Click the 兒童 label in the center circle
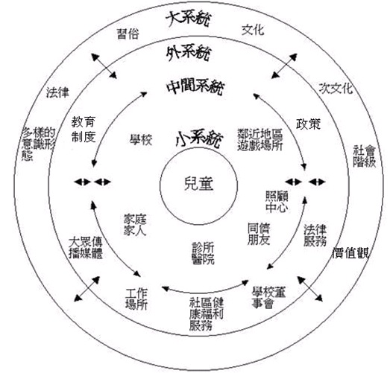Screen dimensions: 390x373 tap(198, 184)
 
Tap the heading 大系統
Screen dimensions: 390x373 tap(189, 18)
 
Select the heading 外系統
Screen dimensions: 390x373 tap(189, 53)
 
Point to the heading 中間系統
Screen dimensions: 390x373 tap(195, 87)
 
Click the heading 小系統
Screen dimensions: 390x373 tap(199, 138)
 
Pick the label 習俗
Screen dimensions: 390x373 tap(128, 34)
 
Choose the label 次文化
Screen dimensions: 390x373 tap(336, 88)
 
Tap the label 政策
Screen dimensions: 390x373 tap(308, 124)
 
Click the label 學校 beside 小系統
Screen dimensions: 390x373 tap(141, 139)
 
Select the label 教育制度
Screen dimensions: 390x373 tap(84, 129)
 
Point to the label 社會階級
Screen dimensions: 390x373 tap(364, 156)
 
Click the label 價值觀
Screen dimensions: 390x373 tap(350, 253)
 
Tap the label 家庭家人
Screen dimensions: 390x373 tap(135, 225)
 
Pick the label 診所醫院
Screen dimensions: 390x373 tap(203, 253)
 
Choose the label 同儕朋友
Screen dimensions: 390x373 tap(259, 234)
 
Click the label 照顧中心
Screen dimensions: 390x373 tap(277, 202)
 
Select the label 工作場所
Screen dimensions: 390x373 tap(136, 299)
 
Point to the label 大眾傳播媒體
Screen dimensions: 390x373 tap(86, 248)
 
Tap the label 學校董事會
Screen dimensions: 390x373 tap(268, 298)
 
